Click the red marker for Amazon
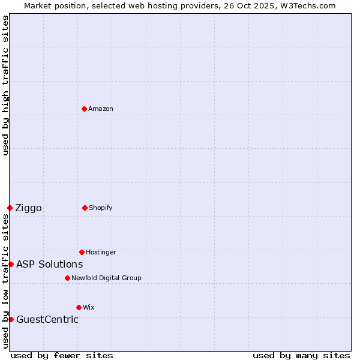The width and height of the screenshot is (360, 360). (x=84, y=109)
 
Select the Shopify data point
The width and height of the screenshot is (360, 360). (x=85, y=208)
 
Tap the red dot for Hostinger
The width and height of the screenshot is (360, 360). (x=82, y=252)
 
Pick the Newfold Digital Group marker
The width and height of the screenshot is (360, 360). (x=67, y=278)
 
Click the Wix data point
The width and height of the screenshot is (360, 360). (x=79, y=307)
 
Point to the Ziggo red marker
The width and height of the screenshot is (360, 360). (x=10, y=208)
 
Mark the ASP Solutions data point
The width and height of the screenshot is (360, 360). (x=11, y=264)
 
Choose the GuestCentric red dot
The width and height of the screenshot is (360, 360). (x=11, y=319)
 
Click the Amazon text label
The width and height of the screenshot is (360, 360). (x=101, y=109)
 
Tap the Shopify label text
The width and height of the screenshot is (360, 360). (x=101, y=208)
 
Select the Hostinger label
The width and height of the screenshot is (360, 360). (x=101, y=252)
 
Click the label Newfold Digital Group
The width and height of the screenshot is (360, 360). (x=106, y=278)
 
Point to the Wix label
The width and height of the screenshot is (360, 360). (x=89, y=307)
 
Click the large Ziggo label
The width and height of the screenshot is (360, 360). (x=28, y=208)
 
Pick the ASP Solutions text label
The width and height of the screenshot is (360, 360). (x=49, y=264)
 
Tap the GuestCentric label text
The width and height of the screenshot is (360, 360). (x=47, y=319)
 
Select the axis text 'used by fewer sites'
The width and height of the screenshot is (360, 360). (x=62, y=355)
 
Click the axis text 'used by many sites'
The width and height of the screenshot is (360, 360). (x=301, y=355)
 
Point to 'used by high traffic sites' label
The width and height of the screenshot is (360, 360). (x=5, y=85)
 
